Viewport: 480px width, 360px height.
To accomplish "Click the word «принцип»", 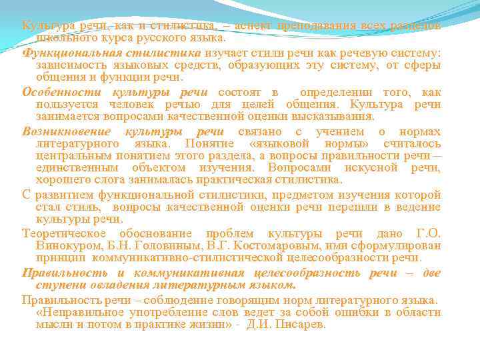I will pos(61,259).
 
